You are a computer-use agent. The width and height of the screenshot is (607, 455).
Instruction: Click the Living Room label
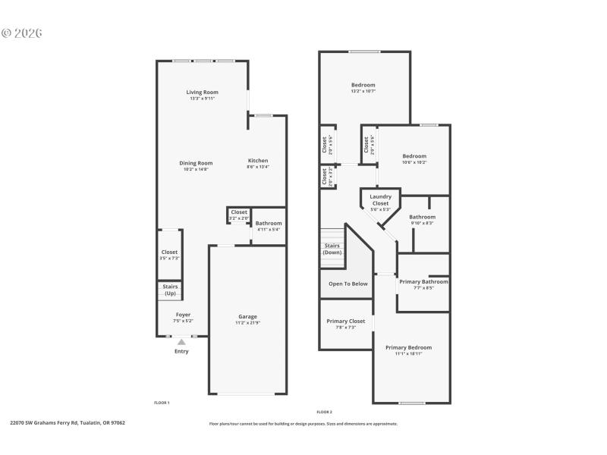pos(203,92)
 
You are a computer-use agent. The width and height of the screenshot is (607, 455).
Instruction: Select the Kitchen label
pos(258,160)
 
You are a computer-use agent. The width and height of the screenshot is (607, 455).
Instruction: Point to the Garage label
pos(247,316)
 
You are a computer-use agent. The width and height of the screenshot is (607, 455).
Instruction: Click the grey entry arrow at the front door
pos(181,342)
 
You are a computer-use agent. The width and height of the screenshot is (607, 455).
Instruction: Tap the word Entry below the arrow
pos(181,351)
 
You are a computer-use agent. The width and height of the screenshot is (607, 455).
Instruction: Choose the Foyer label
pos(183,314)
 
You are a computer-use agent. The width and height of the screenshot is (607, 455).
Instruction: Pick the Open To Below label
pos(348,284)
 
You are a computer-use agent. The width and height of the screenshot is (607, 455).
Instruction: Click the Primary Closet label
pos(345,321)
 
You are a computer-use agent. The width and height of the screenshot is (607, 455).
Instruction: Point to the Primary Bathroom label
pos(423,281)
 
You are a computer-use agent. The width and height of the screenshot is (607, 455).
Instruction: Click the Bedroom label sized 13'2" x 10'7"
pos(363,85)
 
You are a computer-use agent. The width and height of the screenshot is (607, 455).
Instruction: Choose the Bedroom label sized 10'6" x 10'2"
pos(414,156)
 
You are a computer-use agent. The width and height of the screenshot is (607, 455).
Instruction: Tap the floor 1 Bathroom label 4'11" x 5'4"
pos(269,223)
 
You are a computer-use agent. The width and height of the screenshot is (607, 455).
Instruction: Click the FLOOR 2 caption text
pos(324,411)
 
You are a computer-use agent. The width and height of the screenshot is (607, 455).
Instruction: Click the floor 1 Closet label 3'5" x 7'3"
pos(169,252)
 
